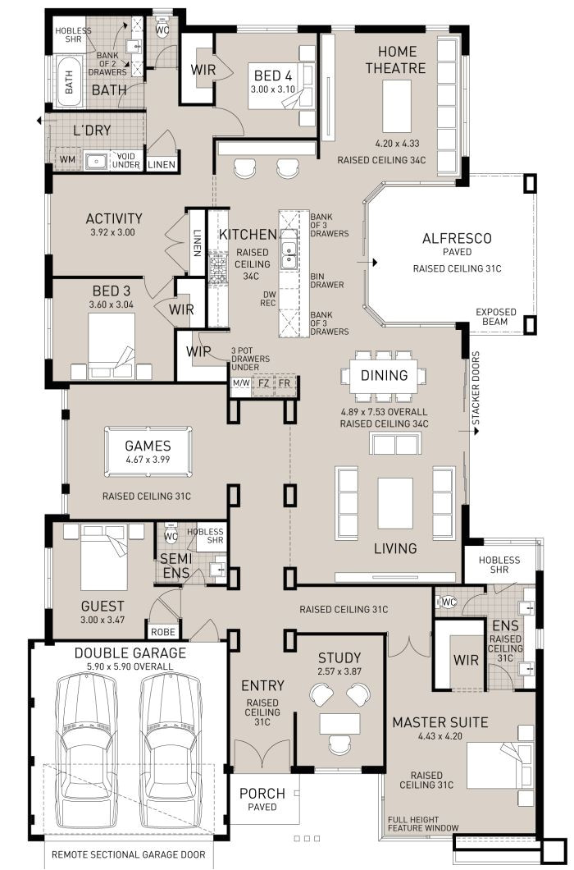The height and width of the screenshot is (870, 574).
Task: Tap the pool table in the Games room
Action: point(148,452)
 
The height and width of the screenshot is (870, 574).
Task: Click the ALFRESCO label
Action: point(457,239)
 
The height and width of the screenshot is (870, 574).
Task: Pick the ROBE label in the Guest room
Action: point(161,632)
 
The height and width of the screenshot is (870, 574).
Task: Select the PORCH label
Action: point(262,794)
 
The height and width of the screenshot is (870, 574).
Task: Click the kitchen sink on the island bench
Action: point(289,255)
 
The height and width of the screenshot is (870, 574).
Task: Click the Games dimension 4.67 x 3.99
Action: point(148,460)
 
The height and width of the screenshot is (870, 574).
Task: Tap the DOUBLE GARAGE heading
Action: point(130,653)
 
